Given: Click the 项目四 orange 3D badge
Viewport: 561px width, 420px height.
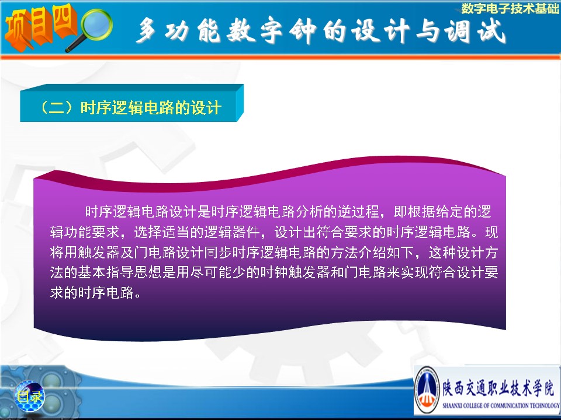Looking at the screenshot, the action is tap(41, 27).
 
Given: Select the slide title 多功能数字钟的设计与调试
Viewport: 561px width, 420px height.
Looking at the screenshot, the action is tap(321, 31).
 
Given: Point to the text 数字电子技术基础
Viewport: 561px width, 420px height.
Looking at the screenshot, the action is tap(510, 8).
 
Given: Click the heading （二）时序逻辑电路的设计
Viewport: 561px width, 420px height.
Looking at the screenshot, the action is tap(131, 107).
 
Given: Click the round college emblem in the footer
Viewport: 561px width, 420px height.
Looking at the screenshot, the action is tap(427, 390).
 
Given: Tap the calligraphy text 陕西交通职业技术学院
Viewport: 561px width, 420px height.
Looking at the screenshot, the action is tap(498, 387).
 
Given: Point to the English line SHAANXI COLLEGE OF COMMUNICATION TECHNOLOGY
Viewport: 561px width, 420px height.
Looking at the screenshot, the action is tap(501, 405).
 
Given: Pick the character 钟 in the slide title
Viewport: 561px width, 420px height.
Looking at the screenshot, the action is tap(303, 31).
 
